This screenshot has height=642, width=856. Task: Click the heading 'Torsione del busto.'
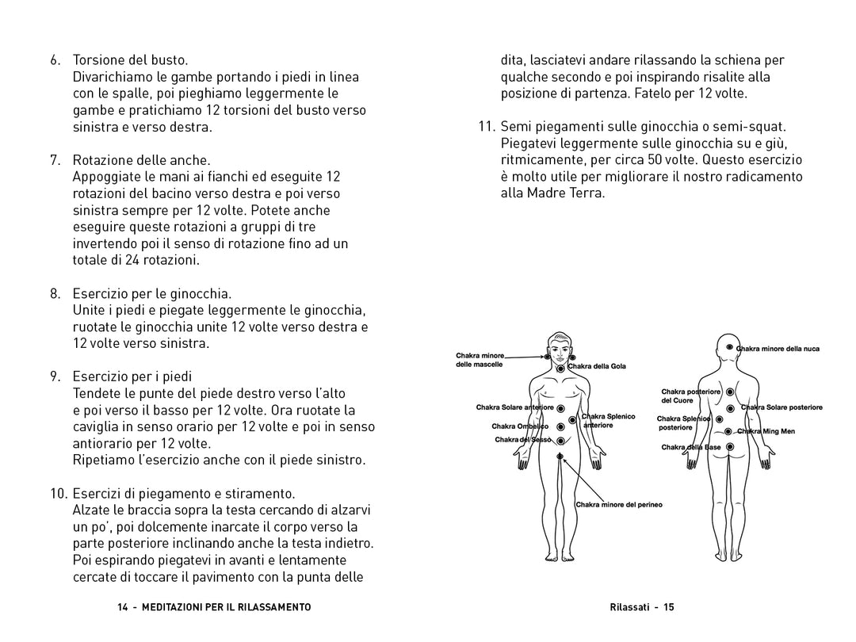pos(130,60)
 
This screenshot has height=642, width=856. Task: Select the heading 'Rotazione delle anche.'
pos(141,160)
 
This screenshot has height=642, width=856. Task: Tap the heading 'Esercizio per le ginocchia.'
pos(152,293)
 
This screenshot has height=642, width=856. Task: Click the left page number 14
pos(122,607)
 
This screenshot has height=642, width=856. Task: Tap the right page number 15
pos(669,607)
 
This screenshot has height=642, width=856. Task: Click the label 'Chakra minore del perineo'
pos(619,504)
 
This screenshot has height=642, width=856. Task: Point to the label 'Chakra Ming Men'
pos(766,432)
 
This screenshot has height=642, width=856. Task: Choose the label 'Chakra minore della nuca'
pos(778,349)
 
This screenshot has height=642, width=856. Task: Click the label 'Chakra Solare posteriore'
pos(782,407)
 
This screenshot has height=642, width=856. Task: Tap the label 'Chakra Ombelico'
pos(520,426)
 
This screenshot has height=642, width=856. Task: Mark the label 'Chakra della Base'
pos(691,448)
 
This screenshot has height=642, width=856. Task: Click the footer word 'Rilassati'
pos(631,607)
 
